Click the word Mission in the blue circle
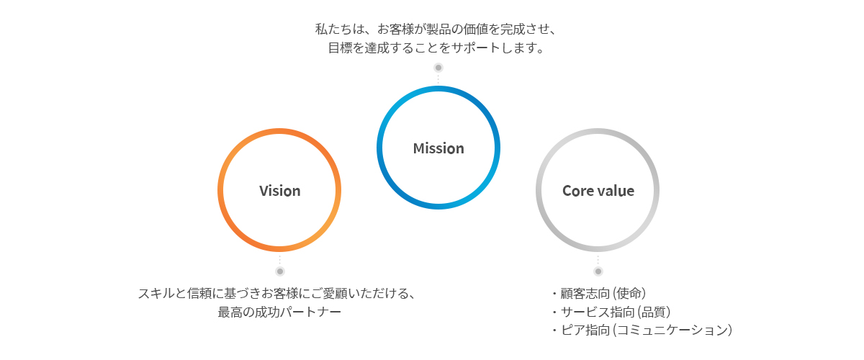point(438,148)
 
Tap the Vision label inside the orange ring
point(279,191)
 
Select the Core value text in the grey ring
point(598,191)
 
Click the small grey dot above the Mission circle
point(438,68)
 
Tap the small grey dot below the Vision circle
point(280,271)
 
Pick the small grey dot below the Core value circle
point(598,271)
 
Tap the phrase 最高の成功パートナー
point(279,312)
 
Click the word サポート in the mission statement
point(475,48)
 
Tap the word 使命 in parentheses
point(627,293)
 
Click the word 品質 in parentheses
point(652,312)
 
